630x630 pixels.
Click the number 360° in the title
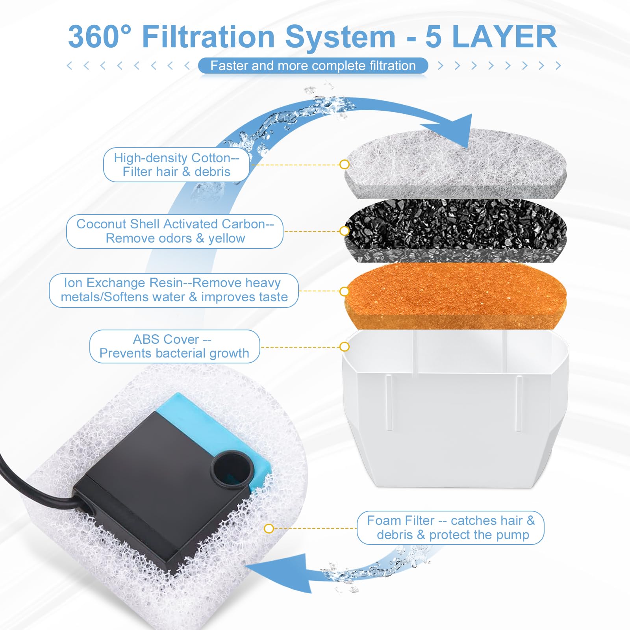100,37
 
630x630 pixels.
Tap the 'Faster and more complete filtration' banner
313,66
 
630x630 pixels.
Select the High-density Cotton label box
176,165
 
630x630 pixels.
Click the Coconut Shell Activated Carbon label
175,231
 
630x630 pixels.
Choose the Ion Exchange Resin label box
174,290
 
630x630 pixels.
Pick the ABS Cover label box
174,346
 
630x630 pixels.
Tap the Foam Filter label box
450,528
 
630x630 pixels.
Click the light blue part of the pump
205,417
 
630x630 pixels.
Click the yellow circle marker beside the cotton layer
345,164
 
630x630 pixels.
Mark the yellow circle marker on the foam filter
269,528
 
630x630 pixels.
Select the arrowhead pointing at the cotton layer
461,130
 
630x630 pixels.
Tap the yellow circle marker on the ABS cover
345,346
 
